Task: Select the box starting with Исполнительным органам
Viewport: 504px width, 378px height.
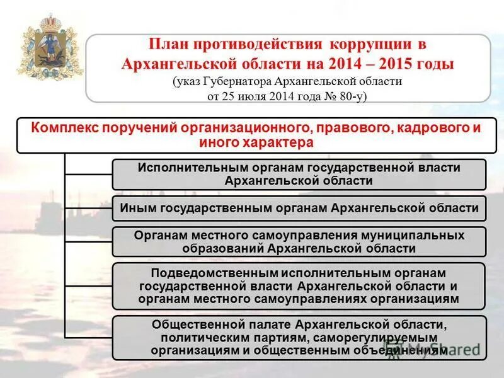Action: pyautogui.click(x=299, y=175)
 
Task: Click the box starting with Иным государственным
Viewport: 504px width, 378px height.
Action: pyautogui.click(x=299, y=208)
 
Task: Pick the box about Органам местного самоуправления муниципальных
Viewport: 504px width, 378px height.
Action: pyautogui.click(x=299, y=241)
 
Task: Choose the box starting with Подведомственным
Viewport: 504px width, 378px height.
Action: pyautogui.click(x=299, y=286)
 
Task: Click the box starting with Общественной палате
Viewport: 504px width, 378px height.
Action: pyautogui.click(x=299, y=338)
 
